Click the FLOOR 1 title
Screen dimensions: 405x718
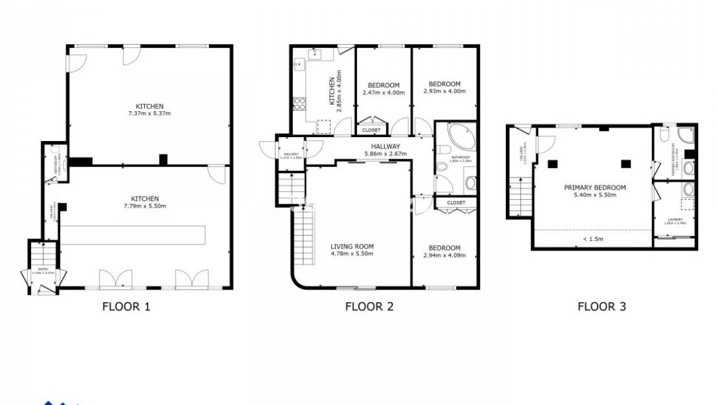click(126, 306)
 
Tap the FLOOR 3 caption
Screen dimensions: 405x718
click(602, 306)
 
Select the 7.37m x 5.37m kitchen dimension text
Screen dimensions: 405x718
click(149, 114)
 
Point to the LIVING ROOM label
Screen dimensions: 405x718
click(352, 246)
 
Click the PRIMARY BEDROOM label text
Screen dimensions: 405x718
click(594, 188)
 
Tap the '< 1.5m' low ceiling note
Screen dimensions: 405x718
click(593, 239)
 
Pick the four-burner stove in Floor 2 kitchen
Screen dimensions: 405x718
click(299, 104)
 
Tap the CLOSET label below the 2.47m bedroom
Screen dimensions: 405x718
click(371, 130)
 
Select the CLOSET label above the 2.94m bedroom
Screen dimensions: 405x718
click(456, 202)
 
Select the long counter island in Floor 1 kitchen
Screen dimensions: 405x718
click(133, 234)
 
